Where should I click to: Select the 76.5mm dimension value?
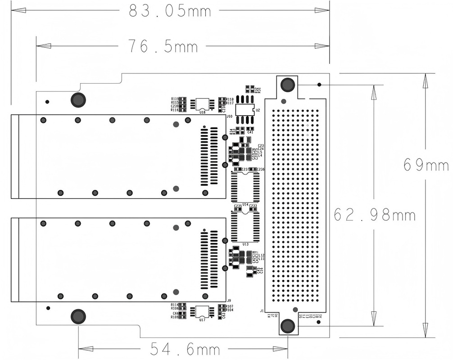click(163, 46)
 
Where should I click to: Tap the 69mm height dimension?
click(426, 165)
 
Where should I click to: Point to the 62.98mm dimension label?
click(374, 215)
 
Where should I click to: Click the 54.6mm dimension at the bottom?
click(185, 349)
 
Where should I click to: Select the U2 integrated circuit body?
click(245, 110)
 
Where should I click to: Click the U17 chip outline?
click(200, 311)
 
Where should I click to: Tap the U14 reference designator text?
click(245, 204)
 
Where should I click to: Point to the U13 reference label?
click(245, 244)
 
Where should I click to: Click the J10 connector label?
click(229, 116)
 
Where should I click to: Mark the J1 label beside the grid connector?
click(262, 310)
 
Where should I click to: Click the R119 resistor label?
click(174, 99)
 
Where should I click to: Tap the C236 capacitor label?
click(261, 169)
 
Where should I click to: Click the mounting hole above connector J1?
click(287, 84)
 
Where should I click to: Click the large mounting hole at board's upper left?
click(78, 100)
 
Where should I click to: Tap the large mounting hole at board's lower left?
click(78, 316)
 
